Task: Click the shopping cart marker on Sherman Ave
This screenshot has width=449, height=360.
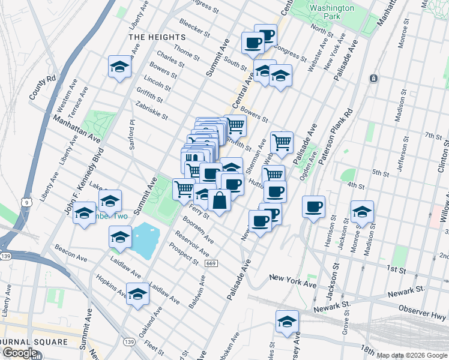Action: (x=282, y=143)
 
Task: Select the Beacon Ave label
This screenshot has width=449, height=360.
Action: (x=70, y=252)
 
